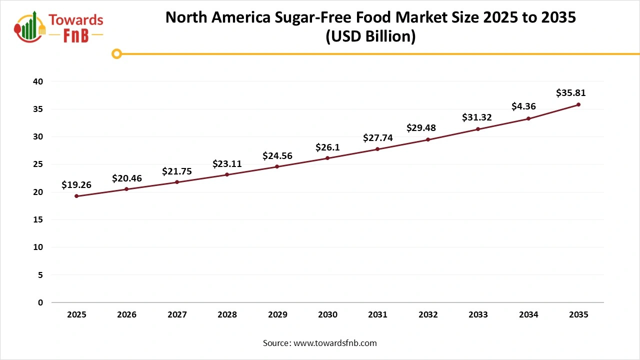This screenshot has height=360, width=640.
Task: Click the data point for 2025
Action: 76,196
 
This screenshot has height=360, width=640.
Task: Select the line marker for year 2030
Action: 327,158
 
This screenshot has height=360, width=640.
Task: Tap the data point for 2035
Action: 578,104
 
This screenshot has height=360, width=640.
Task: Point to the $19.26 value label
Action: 76,185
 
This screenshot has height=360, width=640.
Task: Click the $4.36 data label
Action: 523,106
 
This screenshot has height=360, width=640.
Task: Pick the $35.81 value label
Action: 570,93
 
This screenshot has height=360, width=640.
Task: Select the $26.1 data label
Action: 327,147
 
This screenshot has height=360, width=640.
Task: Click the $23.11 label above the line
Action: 227,163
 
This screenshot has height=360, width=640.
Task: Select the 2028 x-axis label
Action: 227,315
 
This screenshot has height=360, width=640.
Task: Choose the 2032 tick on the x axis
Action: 428,315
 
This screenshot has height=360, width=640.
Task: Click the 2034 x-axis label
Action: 528,315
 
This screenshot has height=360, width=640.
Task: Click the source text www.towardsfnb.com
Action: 335,343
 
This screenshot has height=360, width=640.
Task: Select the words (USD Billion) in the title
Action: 370,37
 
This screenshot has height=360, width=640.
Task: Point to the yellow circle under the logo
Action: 116,53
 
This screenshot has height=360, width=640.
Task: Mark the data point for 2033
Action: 478,129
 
